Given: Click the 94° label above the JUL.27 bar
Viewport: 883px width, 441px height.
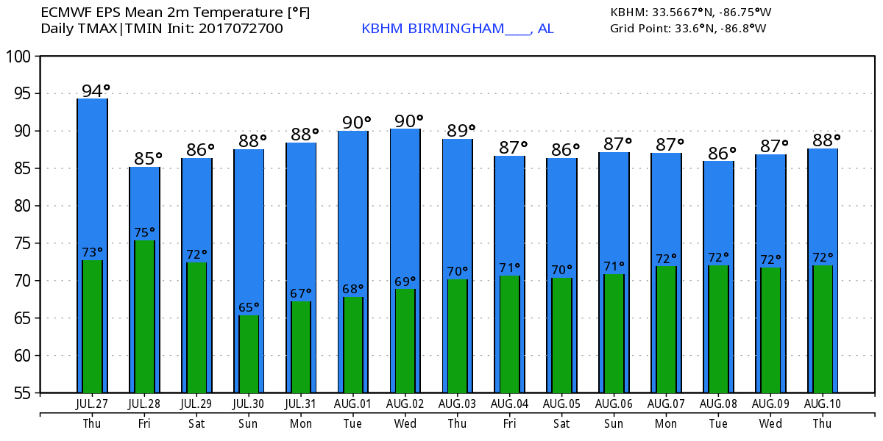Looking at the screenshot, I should click(96, 91).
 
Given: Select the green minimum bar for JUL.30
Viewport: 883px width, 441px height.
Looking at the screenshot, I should click(249, 354).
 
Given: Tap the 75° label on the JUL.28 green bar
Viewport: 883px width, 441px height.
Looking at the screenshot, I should click(145, 232).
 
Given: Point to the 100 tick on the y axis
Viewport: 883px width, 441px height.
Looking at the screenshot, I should click(20, 57).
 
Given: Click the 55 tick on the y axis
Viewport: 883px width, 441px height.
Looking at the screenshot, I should click(20, 393).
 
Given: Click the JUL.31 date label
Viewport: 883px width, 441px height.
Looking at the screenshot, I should click(301, 404).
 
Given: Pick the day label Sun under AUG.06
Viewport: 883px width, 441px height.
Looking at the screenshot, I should click(614, 423).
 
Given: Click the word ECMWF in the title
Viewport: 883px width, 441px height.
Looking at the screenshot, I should click(64, 12).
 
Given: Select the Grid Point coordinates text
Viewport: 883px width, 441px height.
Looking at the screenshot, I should click(688, 29).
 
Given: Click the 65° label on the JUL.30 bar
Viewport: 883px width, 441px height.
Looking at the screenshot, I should click(249, 307).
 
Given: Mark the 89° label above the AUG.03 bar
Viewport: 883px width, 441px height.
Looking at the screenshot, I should click(461, 131).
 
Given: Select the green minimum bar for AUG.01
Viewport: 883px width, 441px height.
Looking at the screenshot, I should click(353, 344).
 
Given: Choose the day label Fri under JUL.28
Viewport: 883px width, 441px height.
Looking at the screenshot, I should click(144, 423).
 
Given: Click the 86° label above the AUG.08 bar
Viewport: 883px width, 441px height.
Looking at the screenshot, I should click(722, 153).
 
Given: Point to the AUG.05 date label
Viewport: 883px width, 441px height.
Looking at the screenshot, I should click(562, 404).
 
